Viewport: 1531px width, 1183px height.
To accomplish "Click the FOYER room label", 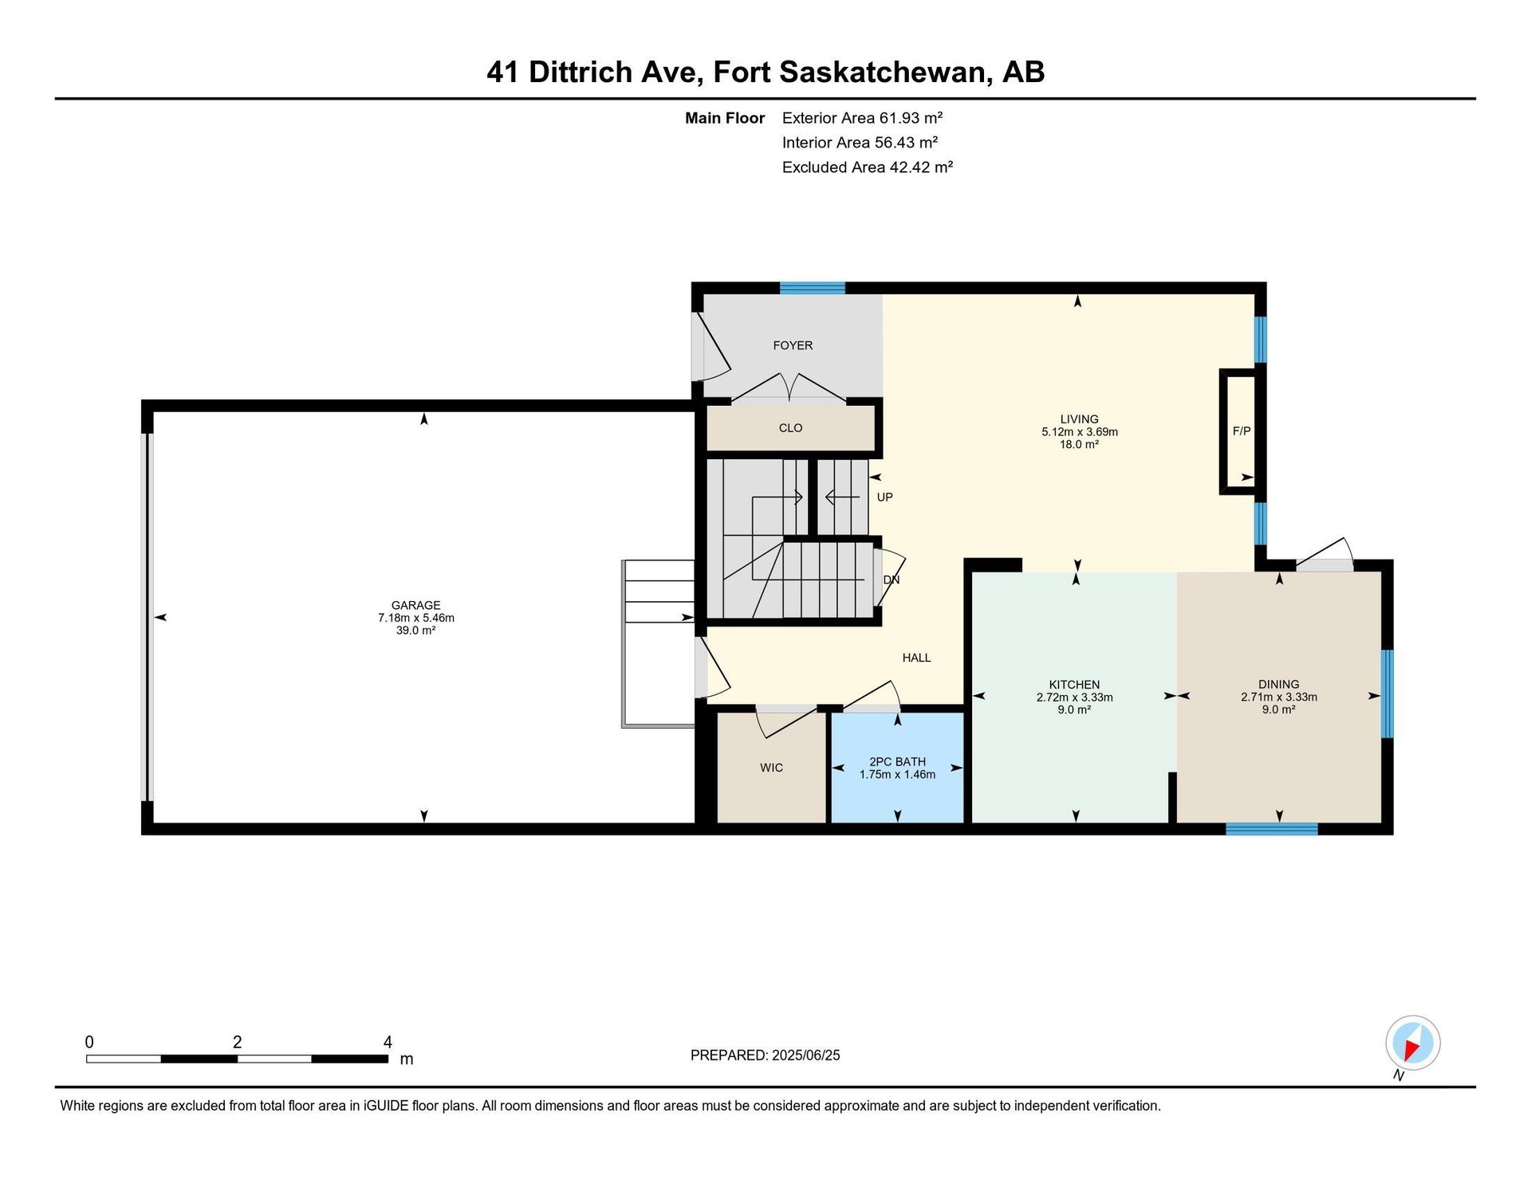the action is tap(793, 345).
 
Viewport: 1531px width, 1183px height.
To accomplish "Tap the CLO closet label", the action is tap(790, 428).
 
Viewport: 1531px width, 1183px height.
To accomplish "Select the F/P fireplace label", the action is tap(1242, 431).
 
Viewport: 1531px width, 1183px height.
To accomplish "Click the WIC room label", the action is tap(771, 768).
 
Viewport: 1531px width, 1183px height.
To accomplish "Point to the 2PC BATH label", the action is tap(897, 762).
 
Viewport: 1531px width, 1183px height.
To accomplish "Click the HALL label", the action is tap(916, 658).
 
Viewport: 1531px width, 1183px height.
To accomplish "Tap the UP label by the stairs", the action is tap(884, 497).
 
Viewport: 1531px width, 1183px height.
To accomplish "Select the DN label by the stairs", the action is tap(891, 580).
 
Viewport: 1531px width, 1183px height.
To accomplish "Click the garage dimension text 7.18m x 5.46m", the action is tap(415, 618).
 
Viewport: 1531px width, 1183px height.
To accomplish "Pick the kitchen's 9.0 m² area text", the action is tap(1074, 709).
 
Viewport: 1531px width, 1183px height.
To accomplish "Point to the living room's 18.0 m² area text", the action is tap(1079, 444).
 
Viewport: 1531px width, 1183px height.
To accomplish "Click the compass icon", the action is tap(1412, 1043).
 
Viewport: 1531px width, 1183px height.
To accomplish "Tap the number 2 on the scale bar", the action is tap(237, 1042).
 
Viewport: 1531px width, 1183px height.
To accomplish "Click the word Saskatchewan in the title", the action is tap(884, 72).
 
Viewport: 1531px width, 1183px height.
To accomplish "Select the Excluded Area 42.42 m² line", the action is tap(868, 167).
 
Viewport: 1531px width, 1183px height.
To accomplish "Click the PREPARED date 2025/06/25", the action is tap(805, 1055).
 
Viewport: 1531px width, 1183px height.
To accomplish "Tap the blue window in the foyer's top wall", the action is tap(812, 288).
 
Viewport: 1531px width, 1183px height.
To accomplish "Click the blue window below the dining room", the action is tap(1271, 829).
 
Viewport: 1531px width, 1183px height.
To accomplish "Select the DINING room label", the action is tap(1278, 684).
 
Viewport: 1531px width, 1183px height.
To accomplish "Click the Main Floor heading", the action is tap(725, 118).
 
